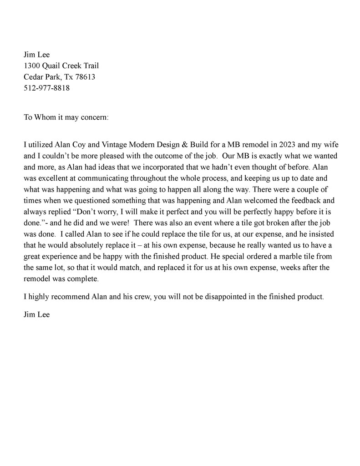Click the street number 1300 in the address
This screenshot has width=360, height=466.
pyautogui.click(x=31, y=66)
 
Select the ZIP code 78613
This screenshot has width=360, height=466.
pyautogui.click(x=85, y=77)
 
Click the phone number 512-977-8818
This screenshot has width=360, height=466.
pyautogui.click(x=46, y=88)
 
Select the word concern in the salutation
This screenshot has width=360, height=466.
pyautogui.click(x=94, y=117)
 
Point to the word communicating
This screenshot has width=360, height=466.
pyautogui.click(x=96, y=179)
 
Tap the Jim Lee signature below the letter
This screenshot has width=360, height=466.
pyautogui.click(x=36, y=314)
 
